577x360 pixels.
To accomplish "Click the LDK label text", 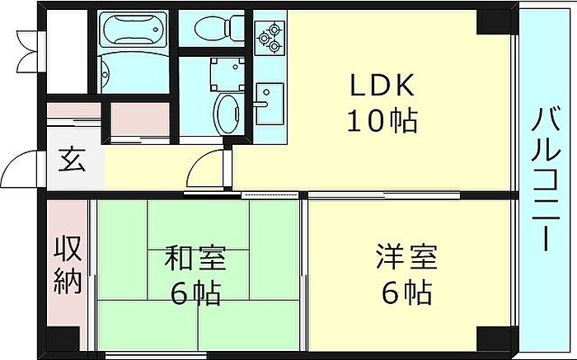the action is (382, 85).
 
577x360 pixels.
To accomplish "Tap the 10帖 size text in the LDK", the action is (382, 121).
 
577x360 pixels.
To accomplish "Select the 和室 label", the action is (195, 258).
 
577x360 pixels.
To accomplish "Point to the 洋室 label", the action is (406, 257).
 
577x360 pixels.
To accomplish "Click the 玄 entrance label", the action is (73, 161).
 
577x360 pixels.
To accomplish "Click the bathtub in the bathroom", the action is (134, 29).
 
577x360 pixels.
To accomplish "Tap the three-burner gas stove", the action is (270, 38).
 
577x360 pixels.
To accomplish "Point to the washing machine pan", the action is (228, 74).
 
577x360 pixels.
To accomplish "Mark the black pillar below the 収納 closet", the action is (63, 339).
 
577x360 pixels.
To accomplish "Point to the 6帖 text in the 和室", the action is (196, 293).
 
